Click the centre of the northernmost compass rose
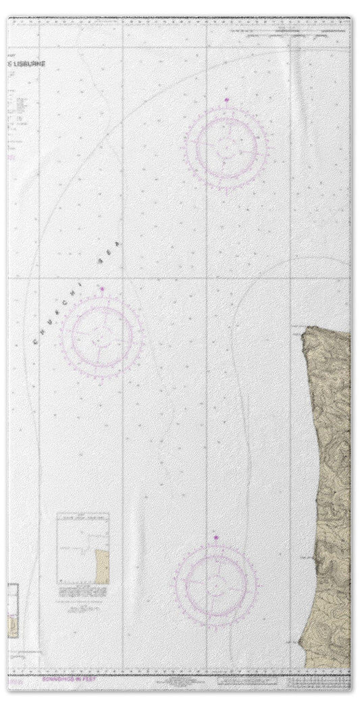(226, 145)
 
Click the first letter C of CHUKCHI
(35, 341)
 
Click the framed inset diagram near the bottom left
(82, 548)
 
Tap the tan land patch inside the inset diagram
(102, 566)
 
